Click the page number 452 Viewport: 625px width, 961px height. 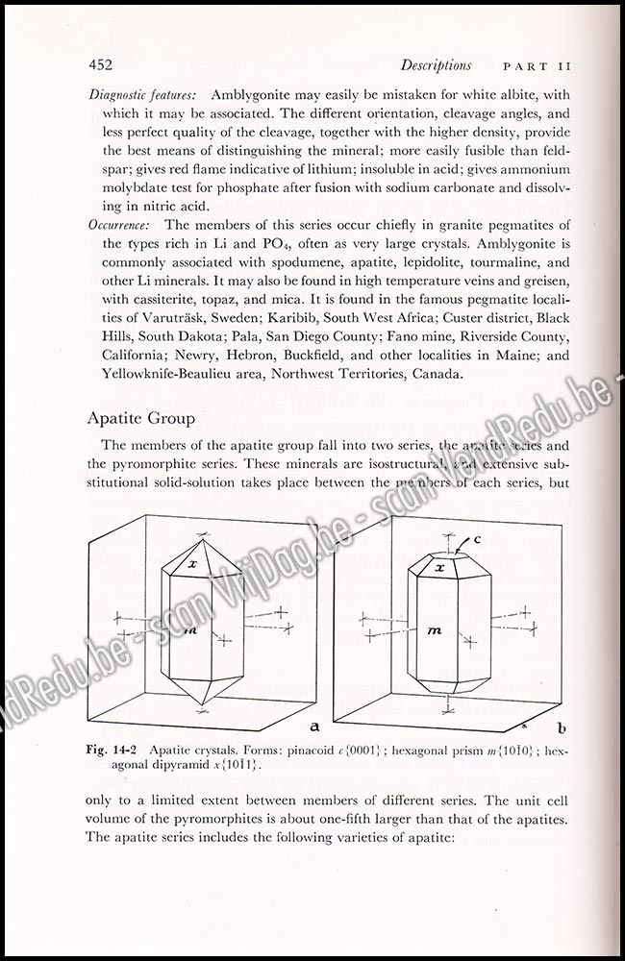[100, 65]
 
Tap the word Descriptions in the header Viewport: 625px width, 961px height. [437, 65]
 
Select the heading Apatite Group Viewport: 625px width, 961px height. [141, 418]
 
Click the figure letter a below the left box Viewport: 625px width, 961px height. [314, 718]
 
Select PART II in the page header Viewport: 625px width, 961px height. [537, 67]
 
